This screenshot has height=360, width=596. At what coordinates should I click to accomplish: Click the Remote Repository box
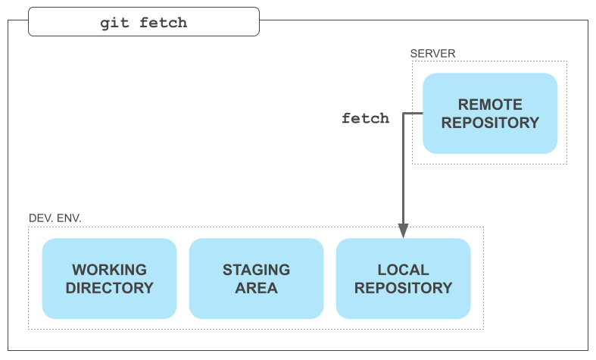coord(490,114)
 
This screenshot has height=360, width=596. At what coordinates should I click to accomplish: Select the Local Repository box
coord(404,279)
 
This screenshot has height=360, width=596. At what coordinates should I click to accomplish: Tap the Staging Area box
coord(256,279)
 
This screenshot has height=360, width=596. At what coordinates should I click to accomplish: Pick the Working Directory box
coord(110,279)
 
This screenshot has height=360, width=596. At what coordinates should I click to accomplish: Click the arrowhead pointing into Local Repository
coord(403,231)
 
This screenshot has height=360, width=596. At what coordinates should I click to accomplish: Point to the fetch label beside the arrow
coord(365,118)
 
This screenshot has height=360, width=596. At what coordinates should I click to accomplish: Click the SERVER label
coord(432,54)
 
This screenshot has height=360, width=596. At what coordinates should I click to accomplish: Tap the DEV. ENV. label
coord(55,218)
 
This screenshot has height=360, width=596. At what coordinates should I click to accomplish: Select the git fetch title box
coord(144,22)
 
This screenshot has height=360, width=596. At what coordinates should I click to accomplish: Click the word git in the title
coord(114,23)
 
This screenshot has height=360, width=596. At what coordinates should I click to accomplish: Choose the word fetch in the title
coord(163,23)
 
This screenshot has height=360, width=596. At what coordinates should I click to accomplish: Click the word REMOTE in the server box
coord(490,105)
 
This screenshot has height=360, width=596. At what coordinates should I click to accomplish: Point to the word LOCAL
coord(404,270)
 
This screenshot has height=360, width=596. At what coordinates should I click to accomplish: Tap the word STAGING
coord(256,270)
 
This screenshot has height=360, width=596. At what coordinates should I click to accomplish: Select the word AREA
coord(256,288)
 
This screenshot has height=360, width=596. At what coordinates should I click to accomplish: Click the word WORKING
coord(110,270)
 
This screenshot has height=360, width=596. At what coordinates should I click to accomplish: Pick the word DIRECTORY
coord(110,288)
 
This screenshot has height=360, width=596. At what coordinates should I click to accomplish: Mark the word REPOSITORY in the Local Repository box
coord(404,288)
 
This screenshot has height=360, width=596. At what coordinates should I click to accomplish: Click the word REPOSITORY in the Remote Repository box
coord(490,123)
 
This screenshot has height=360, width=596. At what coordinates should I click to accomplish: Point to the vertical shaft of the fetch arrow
coord(403,168)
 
